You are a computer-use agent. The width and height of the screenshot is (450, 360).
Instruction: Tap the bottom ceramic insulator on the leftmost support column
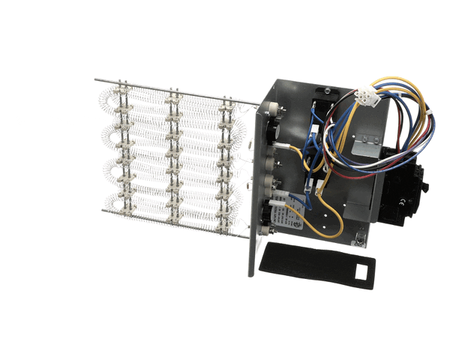[x=124, y=215]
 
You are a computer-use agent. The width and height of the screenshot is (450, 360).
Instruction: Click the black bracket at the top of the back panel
[x=328, y=92]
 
